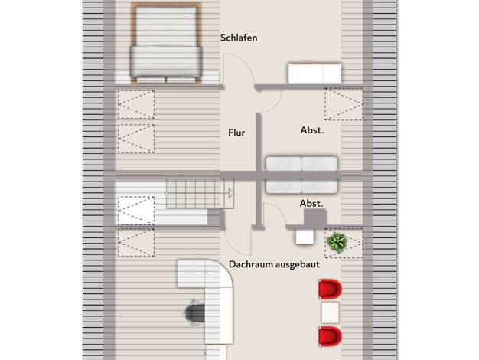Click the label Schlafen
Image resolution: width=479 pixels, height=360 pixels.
[239, 38]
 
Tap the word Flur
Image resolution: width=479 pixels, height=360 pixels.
[236, 133]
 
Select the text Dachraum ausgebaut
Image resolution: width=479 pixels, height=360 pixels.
[274, 264]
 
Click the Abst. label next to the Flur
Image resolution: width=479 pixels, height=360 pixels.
[312, 130]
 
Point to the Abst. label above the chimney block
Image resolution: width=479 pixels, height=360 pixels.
[311, 204]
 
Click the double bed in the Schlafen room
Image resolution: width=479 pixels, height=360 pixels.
[166, 43]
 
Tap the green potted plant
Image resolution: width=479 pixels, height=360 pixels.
[337, 243]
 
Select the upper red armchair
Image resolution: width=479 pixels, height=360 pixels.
[330, 289]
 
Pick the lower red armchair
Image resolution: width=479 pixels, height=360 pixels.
[330, 336]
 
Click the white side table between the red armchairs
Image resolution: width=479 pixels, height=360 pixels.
[330, 313]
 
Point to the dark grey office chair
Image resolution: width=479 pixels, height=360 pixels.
[195, 313]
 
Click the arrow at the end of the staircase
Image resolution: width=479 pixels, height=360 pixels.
[231, 193]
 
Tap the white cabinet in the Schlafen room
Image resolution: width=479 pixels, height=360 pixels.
[314, 74]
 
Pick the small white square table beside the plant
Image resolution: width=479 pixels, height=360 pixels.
[305, 237]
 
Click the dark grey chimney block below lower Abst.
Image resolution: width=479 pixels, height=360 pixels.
[315, 218]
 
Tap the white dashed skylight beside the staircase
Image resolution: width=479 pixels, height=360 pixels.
[136, 211]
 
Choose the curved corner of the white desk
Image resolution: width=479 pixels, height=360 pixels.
[226, 269]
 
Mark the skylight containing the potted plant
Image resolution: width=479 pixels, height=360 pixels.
[344, 243]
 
